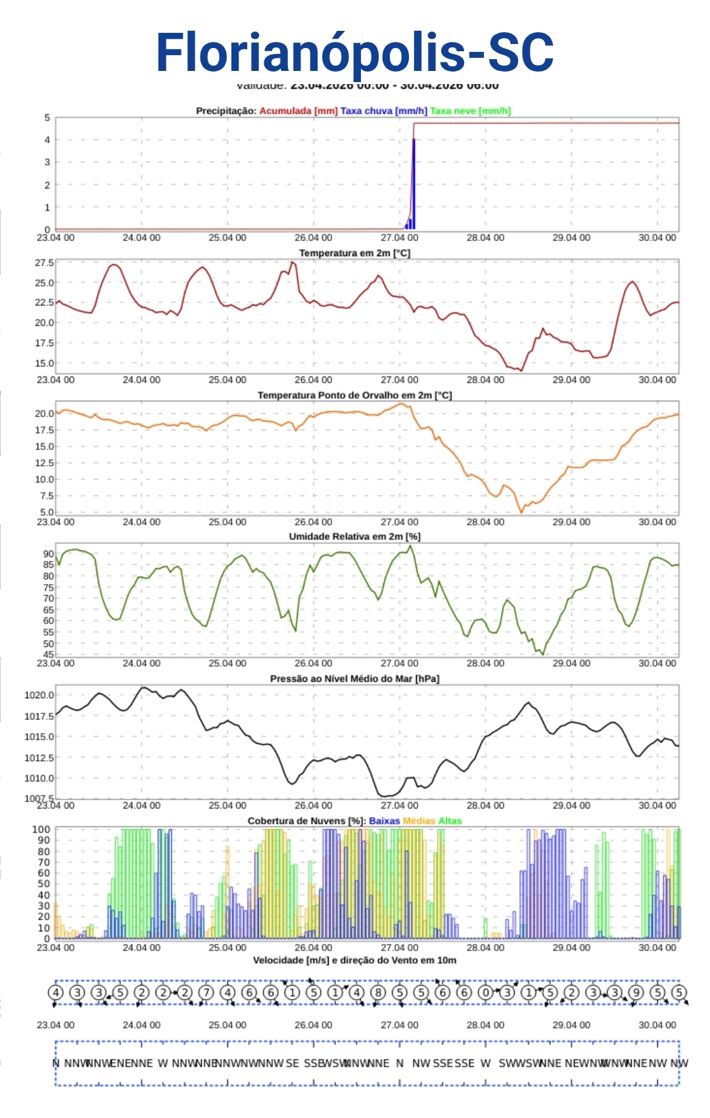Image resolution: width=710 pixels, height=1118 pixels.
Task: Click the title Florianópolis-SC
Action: click(355, 53)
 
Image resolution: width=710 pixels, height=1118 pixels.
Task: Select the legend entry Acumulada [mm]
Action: click(298, 111)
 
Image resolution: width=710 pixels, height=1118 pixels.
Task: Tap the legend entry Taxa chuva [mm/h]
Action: click(383, 111)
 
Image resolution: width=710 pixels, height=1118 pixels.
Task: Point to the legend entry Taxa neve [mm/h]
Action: click(470, 111)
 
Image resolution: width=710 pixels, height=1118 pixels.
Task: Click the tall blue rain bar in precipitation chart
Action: click(414, 184)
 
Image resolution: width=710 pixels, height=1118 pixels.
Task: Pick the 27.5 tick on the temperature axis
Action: click(45, 263)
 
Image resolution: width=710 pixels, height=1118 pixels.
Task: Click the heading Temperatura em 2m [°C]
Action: click(354, 253)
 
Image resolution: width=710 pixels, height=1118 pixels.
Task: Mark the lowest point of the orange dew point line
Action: click(521, 512)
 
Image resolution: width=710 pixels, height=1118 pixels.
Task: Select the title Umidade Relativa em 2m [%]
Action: click(354, 537)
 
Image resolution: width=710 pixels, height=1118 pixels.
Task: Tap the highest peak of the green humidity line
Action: click(411, 547)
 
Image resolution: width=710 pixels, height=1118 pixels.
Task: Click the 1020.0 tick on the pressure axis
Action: click(39, 695)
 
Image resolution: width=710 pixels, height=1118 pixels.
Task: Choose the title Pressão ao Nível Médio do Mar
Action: click(354, 679)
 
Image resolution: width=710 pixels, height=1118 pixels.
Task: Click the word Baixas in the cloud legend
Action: click(385, 821)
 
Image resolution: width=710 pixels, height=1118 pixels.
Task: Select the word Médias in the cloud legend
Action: click(419, 821)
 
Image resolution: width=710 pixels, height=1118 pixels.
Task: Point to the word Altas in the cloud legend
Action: click(450, 821)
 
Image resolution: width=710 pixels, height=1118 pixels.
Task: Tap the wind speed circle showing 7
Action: click(206, 993)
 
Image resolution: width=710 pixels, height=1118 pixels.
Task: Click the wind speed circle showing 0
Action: click(485, 993)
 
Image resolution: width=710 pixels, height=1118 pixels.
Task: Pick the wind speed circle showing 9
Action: click(636, 993)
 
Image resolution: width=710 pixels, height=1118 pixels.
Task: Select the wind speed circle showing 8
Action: click(378, 993)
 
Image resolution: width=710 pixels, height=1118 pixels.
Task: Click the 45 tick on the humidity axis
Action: click(49, 655)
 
